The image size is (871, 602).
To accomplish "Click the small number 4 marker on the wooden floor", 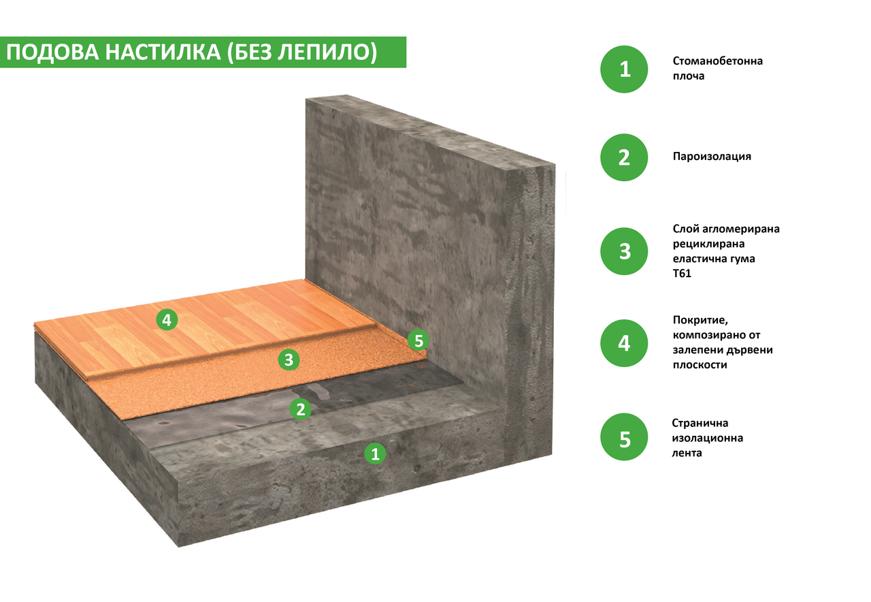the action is click(167, 320).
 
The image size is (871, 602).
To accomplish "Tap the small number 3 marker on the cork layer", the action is click(289, 360).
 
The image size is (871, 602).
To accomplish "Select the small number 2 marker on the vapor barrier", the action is click(301, 409).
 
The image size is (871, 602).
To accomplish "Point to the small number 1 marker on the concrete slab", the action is click(375, 454).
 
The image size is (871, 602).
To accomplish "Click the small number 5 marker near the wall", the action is click(418, 340).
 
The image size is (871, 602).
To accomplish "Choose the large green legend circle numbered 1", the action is click(624, 69).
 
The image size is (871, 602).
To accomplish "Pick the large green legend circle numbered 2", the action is click(624, 157).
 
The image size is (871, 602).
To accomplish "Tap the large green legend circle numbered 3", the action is click(624, 251).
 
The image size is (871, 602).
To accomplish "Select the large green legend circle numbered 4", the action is click(624, 343).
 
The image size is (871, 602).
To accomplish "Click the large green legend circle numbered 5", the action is click(624, 437).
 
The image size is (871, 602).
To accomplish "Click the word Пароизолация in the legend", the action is click(712, 157).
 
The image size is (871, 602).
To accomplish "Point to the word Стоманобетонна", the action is click(718, 61).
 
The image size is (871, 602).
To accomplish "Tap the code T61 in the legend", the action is click(682, 274).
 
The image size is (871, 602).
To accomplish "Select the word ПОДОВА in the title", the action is click(52, 52).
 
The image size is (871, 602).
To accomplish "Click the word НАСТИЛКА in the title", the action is click(163, 52).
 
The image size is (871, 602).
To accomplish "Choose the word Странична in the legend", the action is click(700, 423).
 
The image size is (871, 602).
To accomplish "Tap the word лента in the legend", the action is click(687, 453).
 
